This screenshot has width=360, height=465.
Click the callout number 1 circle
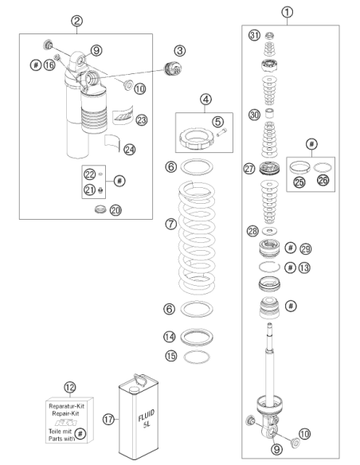coord(287,13)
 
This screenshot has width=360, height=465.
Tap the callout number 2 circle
coord(76,21)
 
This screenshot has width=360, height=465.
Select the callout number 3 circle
coord(180,51)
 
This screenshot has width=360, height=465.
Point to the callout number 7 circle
coord(170,224)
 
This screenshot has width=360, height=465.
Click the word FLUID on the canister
coord(147,415)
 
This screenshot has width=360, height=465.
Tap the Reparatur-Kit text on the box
coord(66,406)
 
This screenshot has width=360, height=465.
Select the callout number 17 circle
coord(108,420)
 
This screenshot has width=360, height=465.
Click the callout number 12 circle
coord(70,387)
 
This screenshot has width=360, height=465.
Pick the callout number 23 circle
coord(142,120)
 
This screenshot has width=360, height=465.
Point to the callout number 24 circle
coord(129,149)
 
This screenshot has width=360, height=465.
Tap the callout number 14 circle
coord(170,337)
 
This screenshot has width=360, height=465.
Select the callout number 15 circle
coord(170,356)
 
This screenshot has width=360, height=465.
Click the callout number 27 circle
coord(249,169)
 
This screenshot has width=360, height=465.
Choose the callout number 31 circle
coord(254,35)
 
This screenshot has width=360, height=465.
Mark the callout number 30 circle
coord(254,115)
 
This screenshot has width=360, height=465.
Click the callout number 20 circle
coord(115,210)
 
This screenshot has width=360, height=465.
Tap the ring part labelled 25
coord(299,167)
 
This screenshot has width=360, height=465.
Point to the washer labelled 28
coord(270,230)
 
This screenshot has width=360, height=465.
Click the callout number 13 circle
coord(304,268)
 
